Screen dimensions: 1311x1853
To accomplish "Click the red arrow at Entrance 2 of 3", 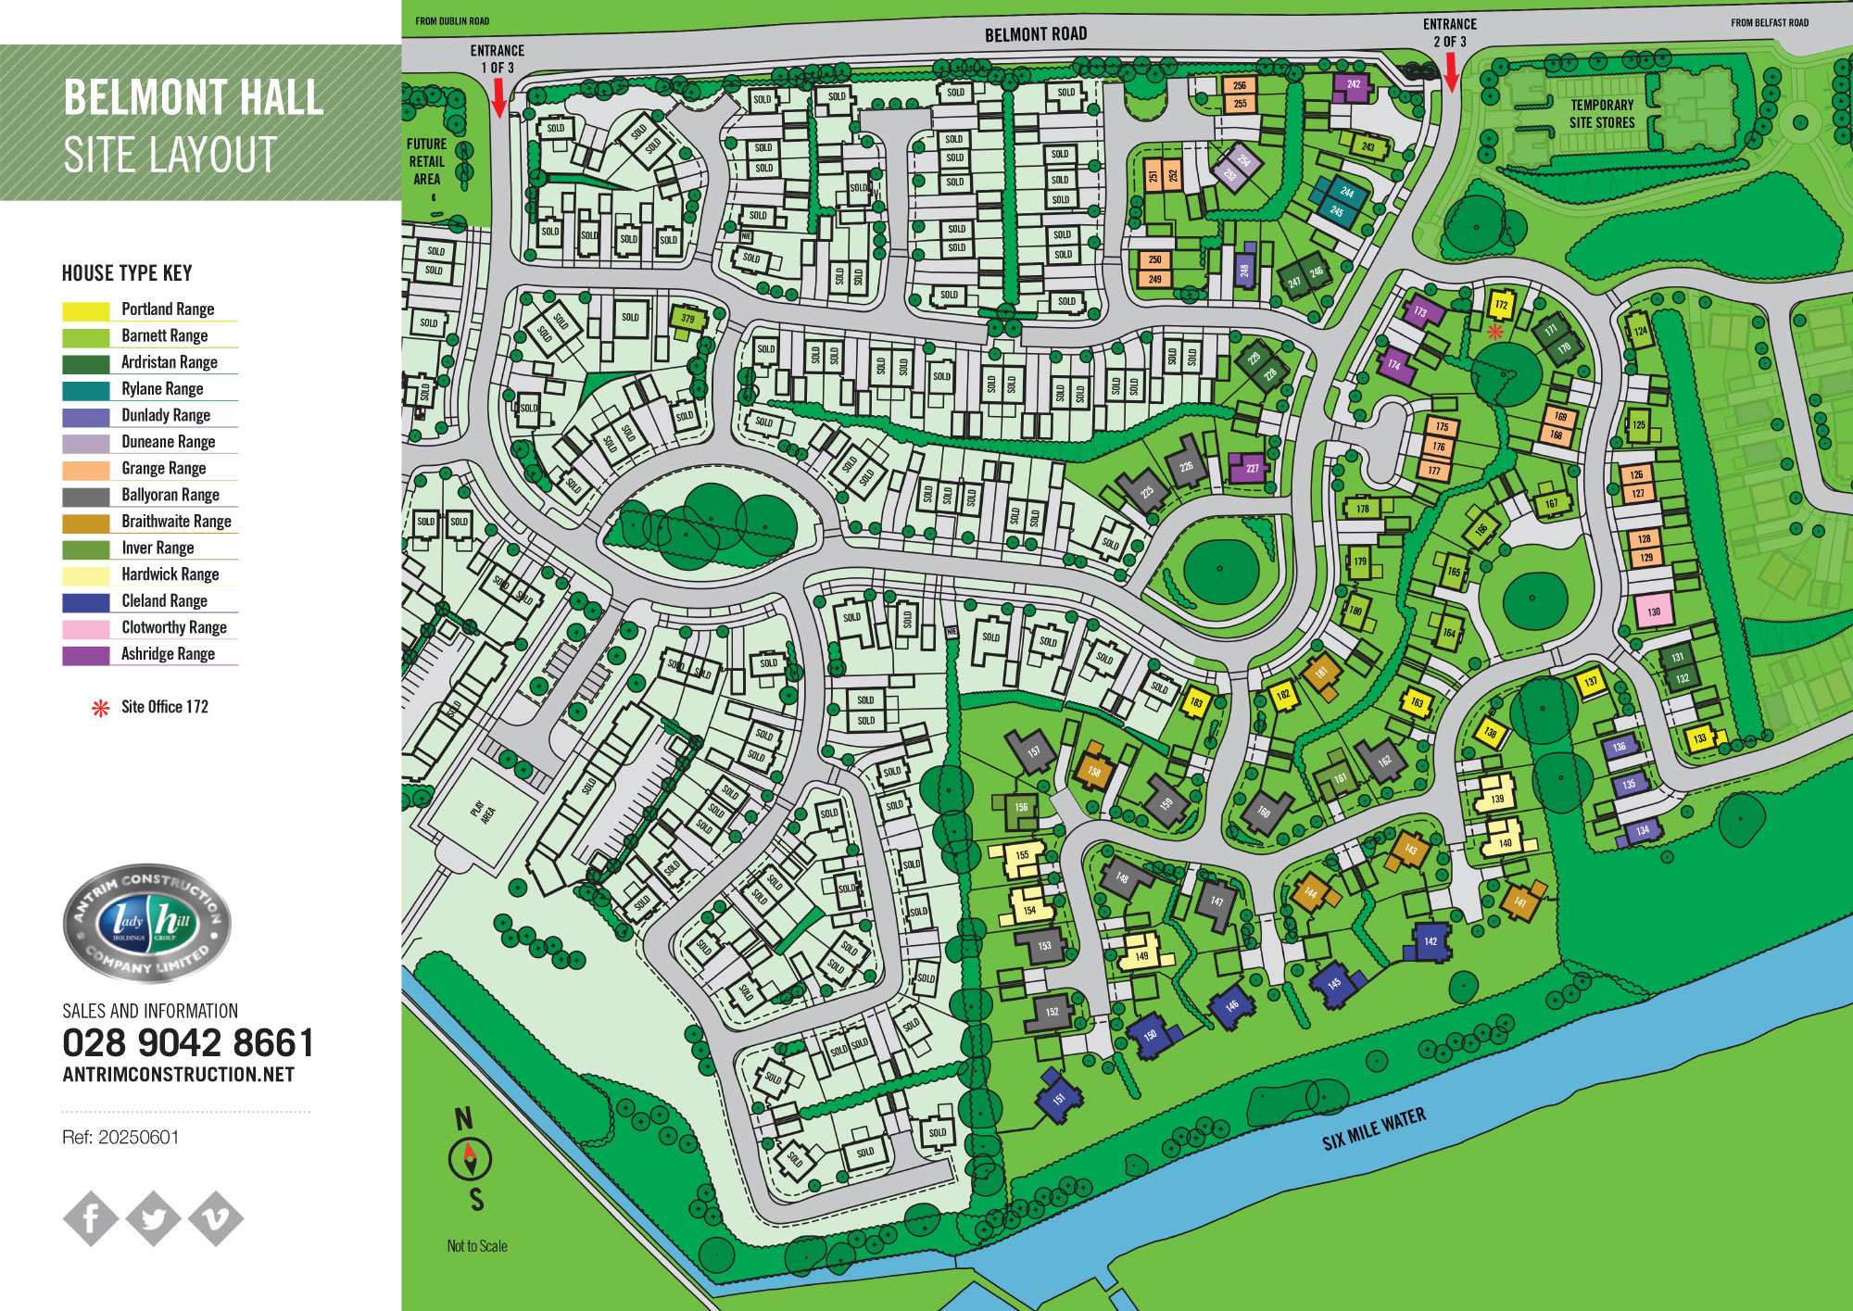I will (x=1451, y=71).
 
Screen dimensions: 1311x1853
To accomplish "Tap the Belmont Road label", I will (x=1035, y=34).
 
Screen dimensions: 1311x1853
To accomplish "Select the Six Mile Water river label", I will (x=1373, y=1129).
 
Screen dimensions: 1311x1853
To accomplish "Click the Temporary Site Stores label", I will (x=1601, y=114).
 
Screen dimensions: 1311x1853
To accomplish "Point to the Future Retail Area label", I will (x=426, y=161).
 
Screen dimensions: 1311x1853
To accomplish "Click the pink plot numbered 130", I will (x=1653, y=611).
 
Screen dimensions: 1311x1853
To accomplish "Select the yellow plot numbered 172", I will (x=1501, y=305).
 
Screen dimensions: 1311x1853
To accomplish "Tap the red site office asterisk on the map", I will (x=1494, y=332).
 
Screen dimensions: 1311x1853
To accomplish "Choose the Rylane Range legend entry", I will (x=162, y=389).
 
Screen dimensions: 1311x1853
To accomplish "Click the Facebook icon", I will (x=91, y=1217).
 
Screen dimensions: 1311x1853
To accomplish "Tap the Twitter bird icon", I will (x=154, y=1217).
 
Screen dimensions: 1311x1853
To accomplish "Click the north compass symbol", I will (x=470, y=1158).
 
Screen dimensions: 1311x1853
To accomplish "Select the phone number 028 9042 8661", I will (x=188, y=1043).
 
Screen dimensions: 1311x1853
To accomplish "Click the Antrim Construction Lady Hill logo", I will (x=147, y=923).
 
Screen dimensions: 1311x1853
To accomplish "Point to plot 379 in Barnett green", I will (x=687, y=319).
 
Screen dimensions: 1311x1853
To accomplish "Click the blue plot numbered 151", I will (x=1058, y=1099).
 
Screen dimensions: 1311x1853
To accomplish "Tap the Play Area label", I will (x=483, y=813).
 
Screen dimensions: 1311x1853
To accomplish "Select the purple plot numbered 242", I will (x=1353, y=85).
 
